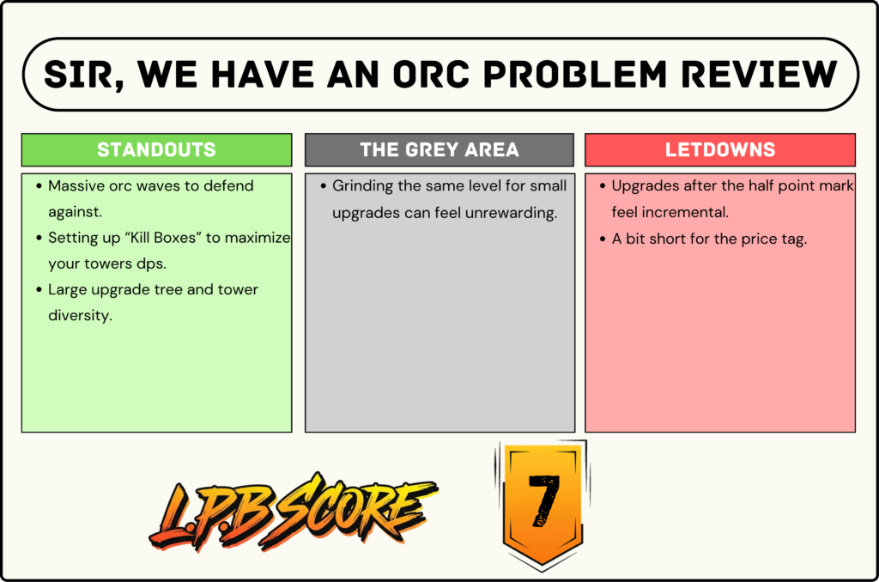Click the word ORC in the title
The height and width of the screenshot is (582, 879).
coord(431,75)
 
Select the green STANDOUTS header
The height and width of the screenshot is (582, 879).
coord(156,149)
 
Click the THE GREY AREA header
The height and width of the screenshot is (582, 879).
coord(439,149)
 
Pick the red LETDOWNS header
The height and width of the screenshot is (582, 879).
coord(720,149)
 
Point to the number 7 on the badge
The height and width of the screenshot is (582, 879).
coord(543,500)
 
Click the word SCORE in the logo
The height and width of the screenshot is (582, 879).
coord(359,507)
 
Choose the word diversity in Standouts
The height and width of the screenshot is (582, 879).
coord(80,316)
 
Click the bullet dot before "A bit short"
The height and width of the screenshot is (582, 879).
coord(603,239)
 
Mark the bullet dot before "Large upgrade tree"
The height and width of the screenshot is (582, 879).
coord(39,290)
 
